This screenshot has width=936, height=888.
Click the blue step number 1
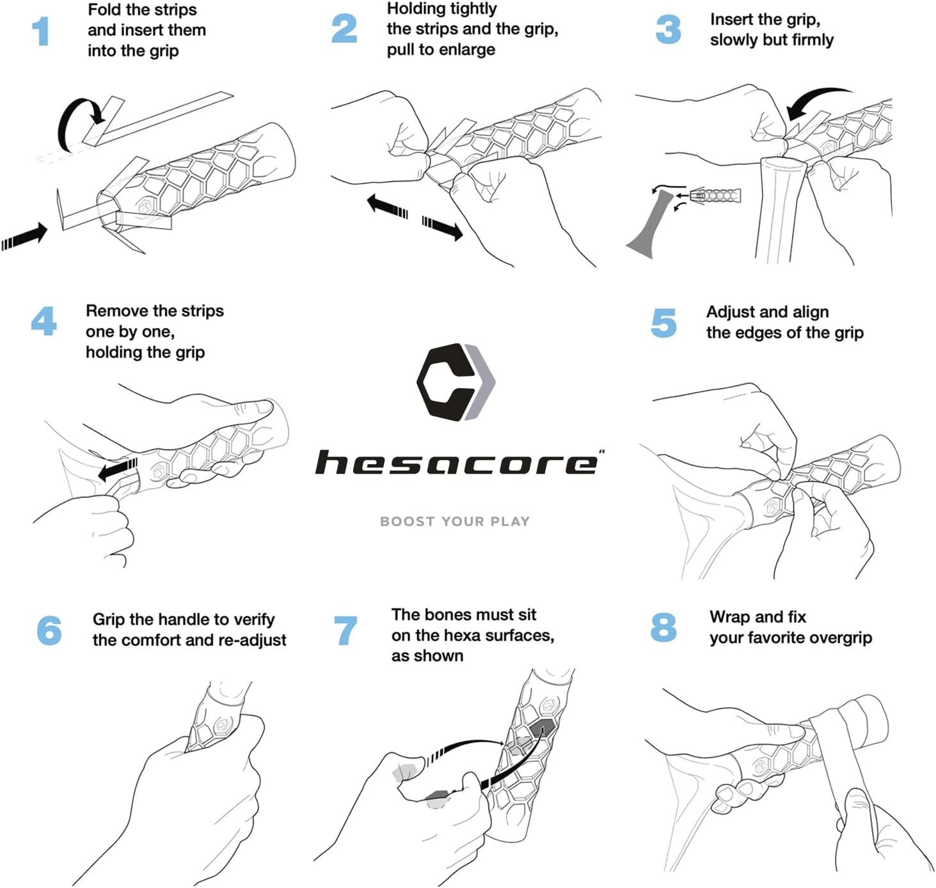(42, 31)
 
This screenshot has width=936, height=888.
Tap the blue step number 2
(344, 29)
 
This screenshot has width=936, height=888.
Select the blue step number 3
(668, 29)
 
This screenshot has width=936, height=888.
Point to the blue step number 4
(44, 321)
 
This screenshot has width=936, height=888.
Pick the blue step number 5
(663, 323)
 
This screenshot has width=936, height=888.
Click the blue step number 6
(49, 630)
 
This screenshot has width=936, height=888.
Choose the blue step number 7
(345, 630)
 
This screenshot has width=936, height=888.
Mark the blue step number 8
(663, 627)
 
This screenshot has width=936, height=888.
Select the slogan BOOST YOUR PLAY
(455, 522)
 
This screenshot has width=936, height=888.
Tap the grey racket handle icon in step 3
(649, 224)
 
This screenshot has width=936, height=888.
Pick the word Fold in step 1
(105, 9)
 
